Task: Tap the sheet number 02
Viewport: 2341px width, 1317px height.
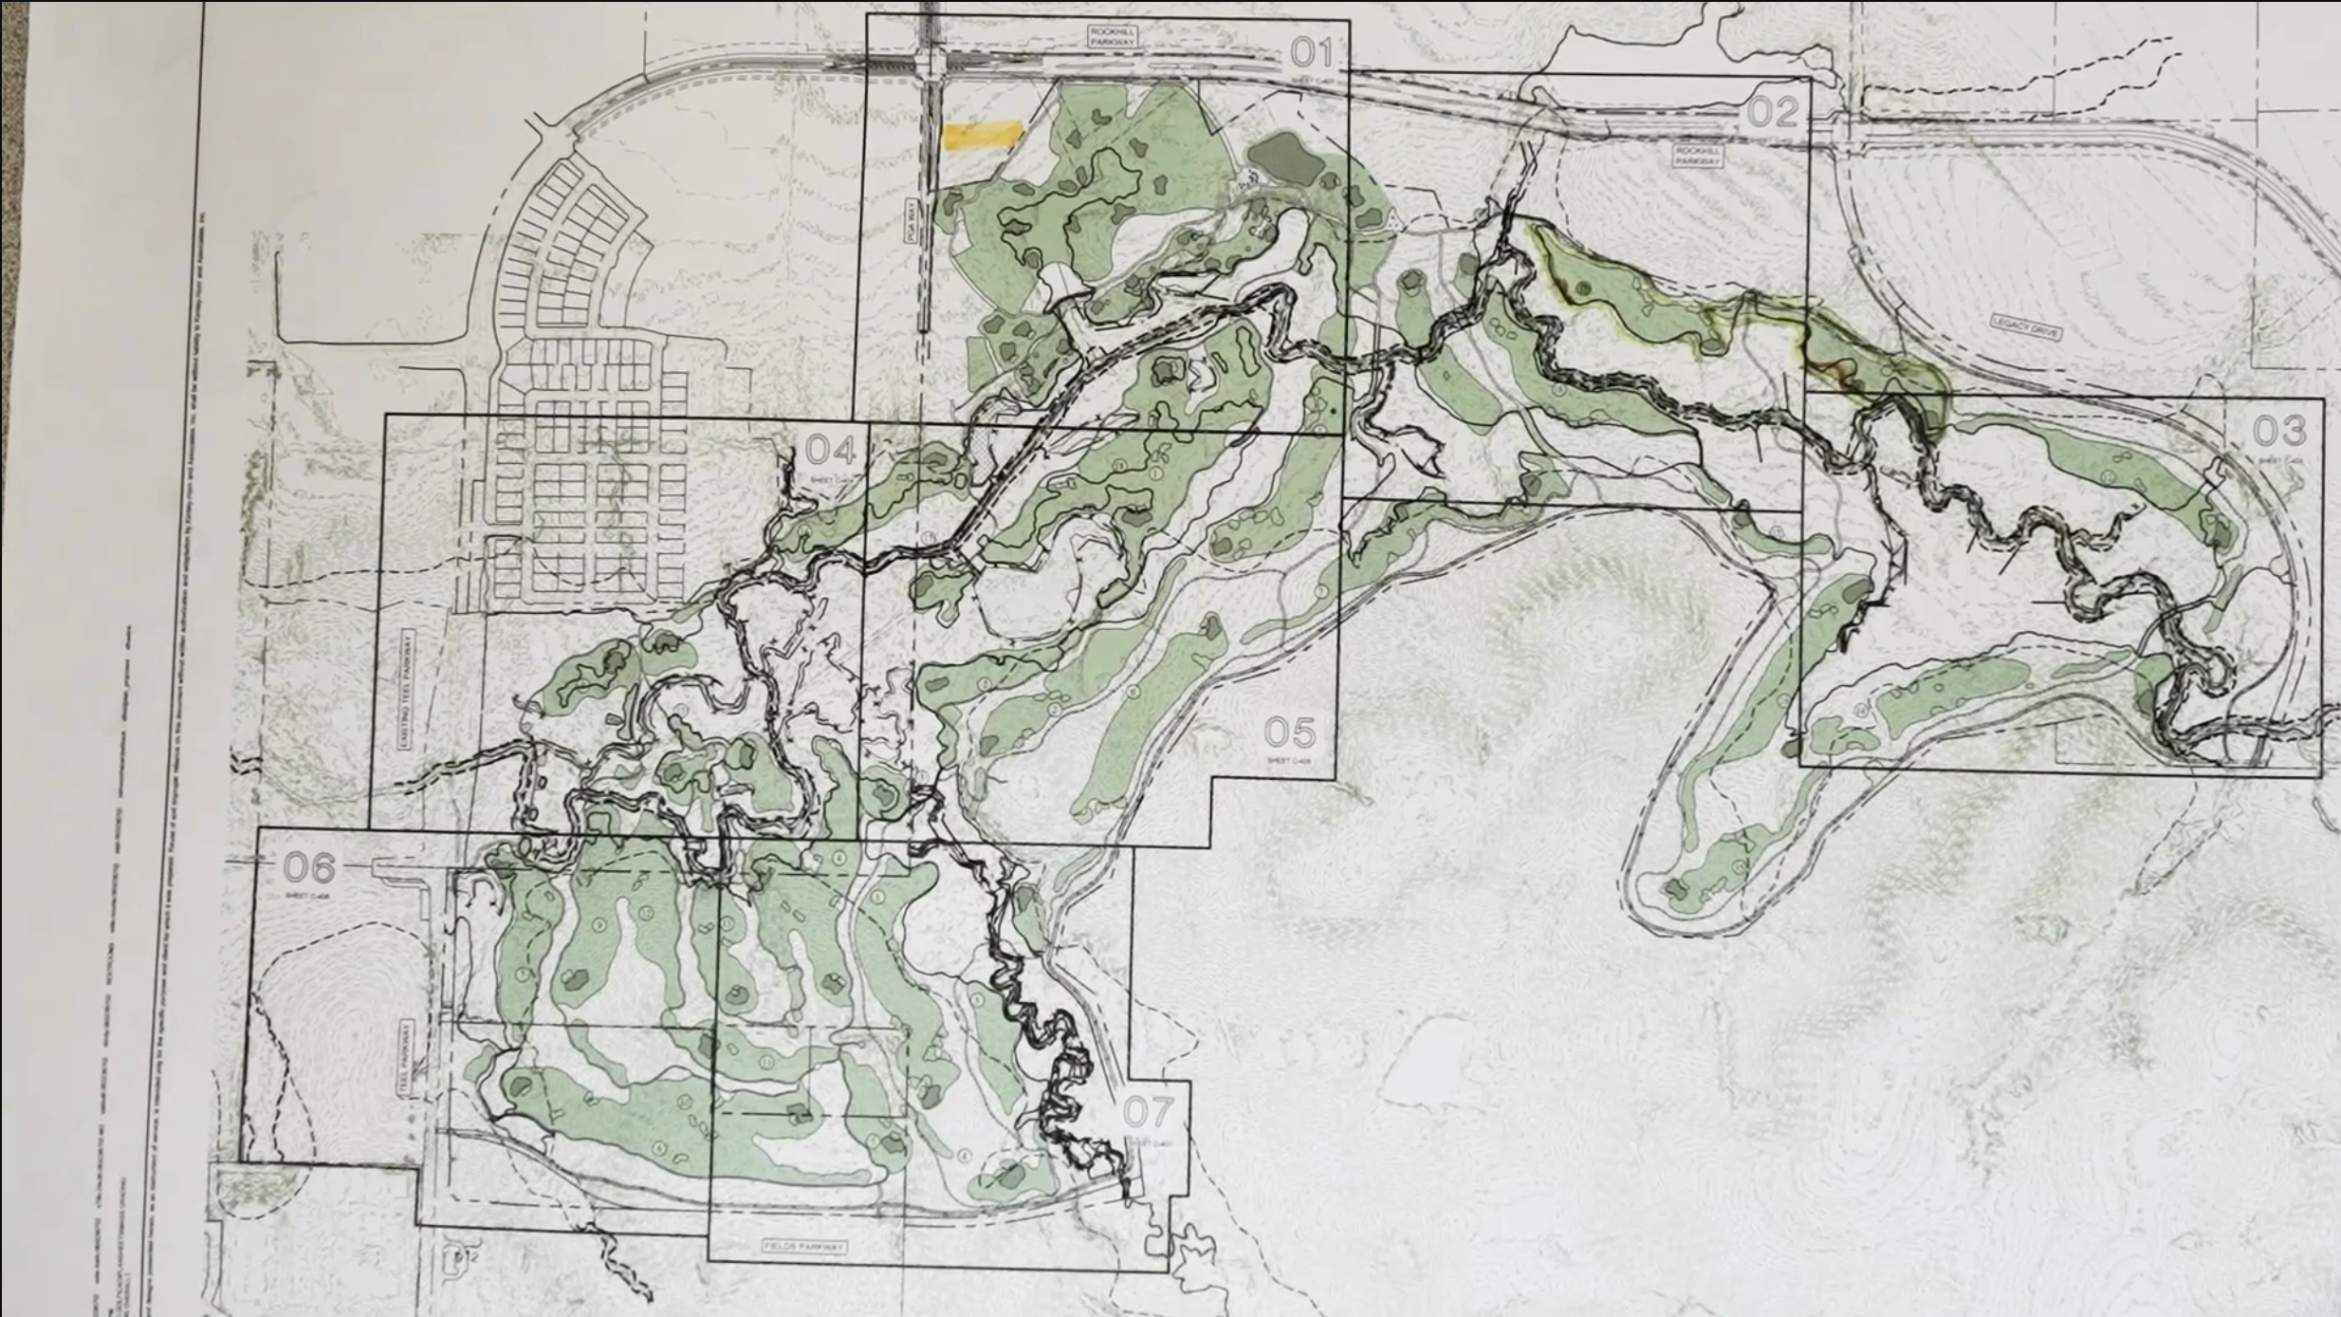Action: coord(1772,113)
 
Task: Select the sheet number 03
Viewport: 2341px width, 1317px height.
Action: coord(2278,432)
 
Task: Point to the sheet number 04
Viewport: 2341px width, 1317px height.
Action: coord(831,450)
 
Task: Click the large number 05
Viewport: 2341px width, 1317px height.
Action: coord(1290,733)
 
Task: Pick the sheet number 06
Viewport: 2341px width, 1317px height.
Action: coord(309,867)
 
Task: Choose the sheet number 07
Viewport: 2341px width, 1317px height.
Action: coord(1148,1112)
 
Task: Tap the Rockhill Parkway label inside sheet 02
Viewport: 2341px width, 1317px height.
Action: coord(1698,157)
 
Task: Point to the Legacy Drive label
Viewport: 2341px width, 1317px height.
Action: coord(2024,327)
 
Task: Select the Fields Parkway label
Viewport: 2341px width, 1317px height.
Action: coord(804,1246)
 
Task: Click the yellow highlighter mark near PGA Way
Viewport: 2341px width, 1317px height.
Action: coord(983,136)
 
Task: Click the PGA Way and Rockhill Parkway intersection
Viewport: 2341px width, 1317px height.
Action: coord(931,64)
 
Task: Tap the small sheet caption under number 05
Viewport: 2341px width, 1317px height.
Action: coord(1290,761)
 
